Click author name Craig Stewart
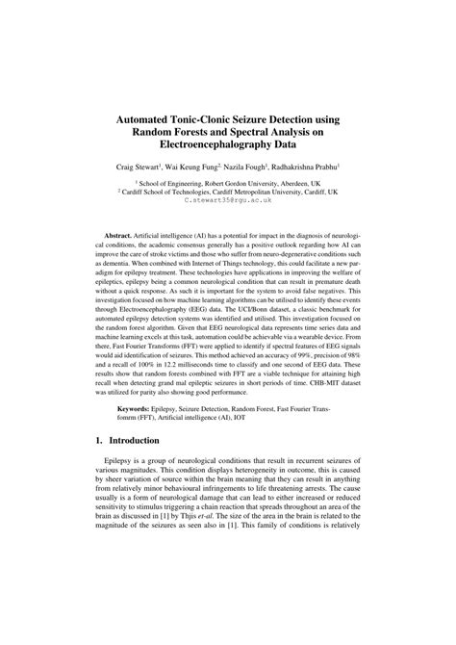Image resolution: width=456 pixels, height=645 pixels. pos(139,167)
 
